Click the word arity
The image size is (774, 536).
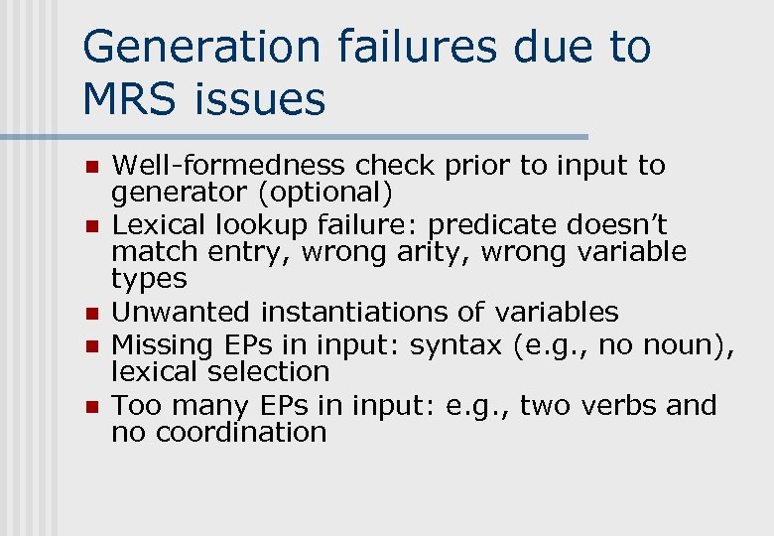(x=435, y=251)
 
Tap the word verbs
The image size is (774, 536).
(x=615, y=405)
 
